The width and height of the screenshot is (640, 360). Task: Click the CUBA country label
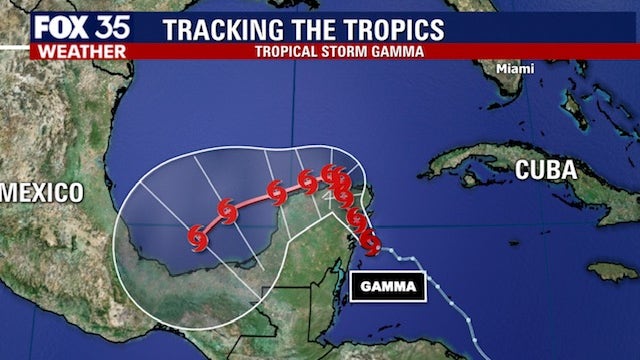click(x=545, y=170)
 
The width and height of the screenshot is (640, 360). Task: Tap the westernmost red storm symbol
click(x=197, y=236)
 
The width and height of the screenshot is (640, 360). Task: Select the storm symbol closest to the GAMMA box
click(x=371, y=241)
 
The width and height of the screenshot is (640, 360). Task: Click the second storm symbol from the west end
click(x=228, y=210)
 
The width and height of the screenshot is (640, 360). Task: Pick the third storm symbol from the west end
click(x=277, y=191)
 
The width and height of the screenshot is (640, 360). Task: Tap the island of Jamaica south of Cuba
click(x=611, y=271)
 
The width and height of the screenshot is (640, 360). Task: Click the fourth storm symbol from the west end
click(x=308, y=181)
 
